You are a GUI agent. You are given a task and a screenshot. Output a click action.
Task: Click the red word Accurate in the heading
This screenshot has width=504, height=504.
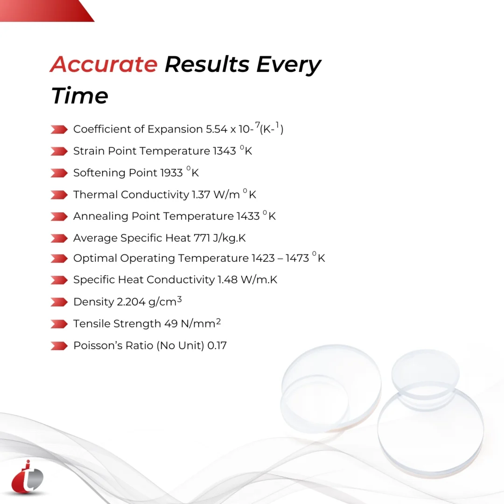pos(103,64)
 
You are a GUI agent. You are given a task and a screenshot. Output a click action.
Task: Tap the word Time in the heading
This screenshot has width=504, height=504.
pos(79,96)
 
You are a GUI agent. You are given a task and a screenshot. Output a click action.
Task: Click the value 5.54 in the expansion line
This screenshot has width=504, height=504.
pos(217,129)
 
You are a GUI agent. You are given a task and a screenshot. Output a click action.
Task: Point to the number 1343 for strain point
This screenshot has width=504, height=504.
pos(224,151)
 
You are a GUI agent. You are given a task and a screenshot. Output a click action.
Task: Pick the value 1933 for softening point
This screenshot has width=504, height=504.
pos(171,173)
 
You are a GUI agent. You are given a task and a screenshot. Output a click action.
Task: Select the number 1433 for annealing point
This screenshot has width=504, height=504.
pos(248,216)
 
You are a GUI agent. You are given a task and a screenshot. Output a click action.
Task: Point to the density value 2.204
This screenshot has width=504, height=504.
pos(131,302)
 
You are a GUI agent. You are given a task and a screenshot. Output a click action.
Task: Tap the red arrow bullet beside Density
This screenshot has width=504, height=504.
pos(59,302)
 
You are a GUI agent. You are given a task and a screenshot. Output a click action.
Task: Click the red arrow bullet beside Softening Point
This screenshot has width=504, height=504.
pos(59,173)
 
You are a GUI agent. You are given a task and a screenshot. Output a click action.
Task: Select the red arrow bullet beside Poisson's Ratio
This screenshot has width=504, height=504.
pos(59,346)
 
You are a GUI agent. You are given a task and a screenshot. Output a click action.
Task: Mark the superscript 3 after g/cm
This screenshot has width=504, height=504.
pos(179,300)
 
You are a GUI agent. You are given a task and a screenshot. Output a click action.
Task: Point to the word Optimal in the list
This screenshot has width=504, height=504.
pos(95,259)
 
